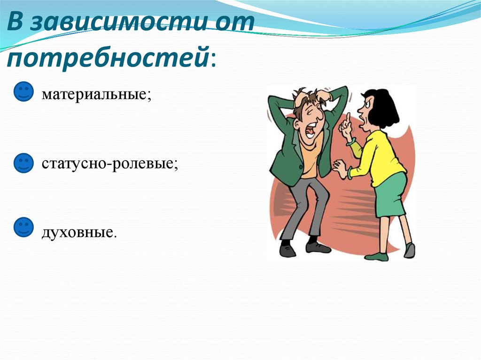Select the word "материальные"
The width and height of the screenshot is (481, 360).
pyautogui.click(x=96, y=94)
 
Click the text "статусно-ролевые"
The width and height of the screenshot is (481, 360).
pyautogui.click(x=109, y=164)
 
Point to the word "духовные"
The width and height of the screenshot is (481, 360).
pyautogui.click(x=78, y=231)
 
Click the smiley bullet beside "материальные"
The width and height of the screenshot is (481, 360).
pyautogui.click(x=23, y=92)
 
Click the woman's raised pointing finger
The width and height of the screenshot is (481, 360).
pyautogui.click(x=348, y=118)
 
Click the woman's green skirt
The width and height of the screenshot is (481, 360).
pyautogui.click(x=390, y=195)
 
